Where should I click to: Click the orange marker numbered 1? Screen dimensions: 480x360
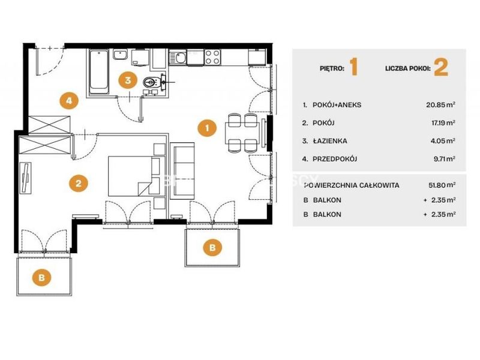click(x=207, y=128)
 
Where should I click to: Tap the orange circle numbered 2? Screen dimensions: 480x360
click(x=79, y=183)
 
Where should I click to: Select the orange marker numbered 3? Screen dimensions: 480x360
click(x=128, y=80)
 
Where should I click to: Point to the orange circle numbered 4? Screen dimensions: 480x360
click(x=69, y=100)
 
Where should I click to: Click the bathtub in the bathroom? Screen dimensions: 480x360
click(x=99, y=72)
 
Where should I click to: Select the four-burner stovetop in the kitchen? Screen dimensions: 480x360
click(x=212, y=57)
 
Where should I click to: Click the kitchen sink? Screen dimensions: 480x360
click(x=178, y=58)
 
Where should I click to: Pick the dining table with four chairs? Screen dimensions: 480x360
click(x=242, y=133)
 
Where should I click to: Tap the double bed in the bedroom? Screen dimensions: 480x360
click(x=134, y=176)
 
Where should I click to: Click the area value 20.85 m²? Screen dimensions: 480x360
click(x=440, y=104)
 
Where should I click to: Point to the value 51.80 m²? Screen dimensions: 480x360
click(x=442, y=185)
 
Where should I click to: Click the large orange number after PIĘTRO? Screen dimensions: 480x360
click(x=353, y=67)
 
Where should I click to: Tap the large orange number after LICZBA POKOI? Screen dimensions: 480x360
click(x=441, y=67)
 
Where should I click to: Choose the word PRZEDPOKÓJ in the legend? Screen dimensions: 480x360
click(x=335, y=159)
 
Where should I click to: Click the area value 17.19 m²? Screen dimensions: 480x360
click(x=443, y=123)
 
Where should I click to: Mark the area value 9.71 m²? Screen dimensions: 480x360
click(x=444, y=159)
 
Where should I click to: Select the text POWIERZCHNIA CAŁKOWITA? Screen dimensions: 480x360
click(x=352, y=185)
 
